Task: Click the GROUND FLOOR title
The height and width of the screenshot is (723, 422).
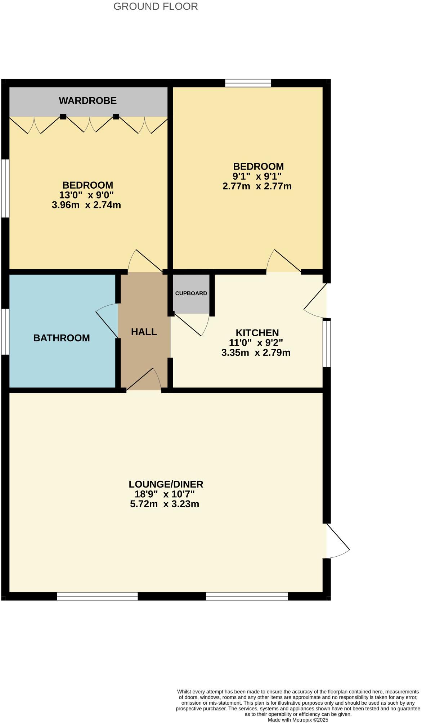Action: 156,6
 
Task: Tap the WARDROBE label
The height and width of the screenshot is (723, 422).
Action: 88,100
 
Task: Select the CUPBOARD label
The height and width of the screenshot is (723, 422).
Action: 191,293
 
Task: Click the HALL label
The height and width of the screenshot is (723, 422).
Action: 144,332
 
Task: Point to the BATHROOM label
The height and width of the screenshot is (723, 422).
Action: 62,338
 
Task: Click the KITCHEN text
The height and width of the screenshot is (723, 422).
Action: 257,333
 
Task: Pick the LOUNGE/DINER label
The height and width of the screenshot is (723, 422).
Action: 166,484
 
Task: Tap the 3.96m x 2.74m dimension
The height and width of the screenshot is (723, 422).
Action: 86,205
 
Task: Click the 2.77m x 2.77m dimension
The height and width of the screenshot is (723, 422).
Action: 257,187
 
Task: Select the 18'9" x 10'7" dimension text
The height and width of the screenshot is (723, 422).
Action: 165,494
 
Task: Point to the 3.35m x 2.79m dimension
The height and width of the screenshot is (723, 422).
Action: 256,352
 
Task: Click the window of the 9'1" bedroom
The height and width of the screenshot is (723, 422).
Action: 248,83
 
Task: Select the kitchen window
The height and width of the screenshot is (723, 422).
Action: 326,343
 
